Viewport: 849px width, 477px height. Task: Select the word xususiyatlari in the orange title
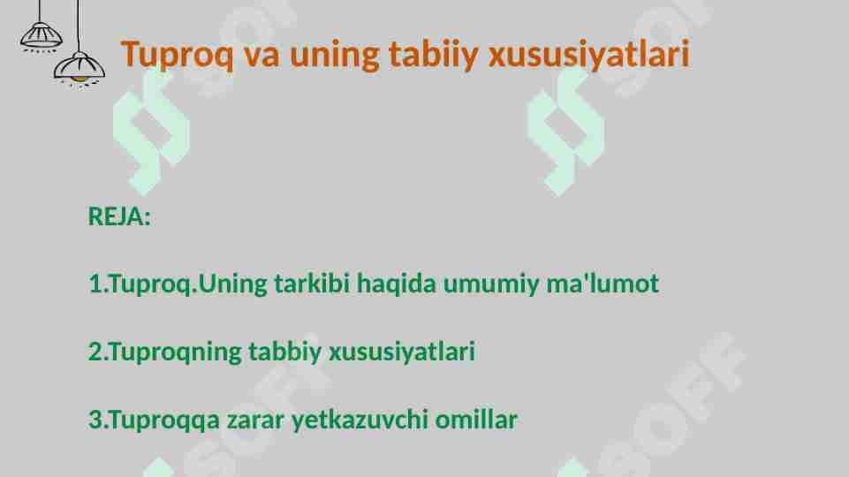click(x=589, y=55)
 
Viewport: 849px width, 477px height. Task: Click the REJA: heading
click(x=119, y=216)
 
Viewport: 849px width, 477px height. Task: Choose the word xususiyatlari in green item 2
click(x=402, y=352)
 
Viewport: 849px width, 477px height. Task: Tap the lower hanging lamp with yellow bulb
click(x=80, y=67)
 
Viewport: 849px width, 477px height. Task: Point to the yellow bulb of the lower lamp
click(x=79, y=79)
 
